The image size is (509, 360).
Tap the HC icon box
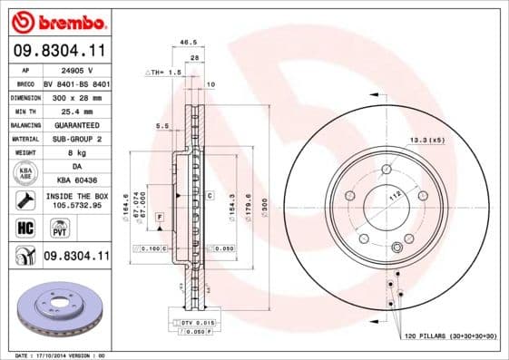24,227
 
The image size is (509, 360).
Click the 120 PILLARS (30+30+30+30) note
450,336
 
